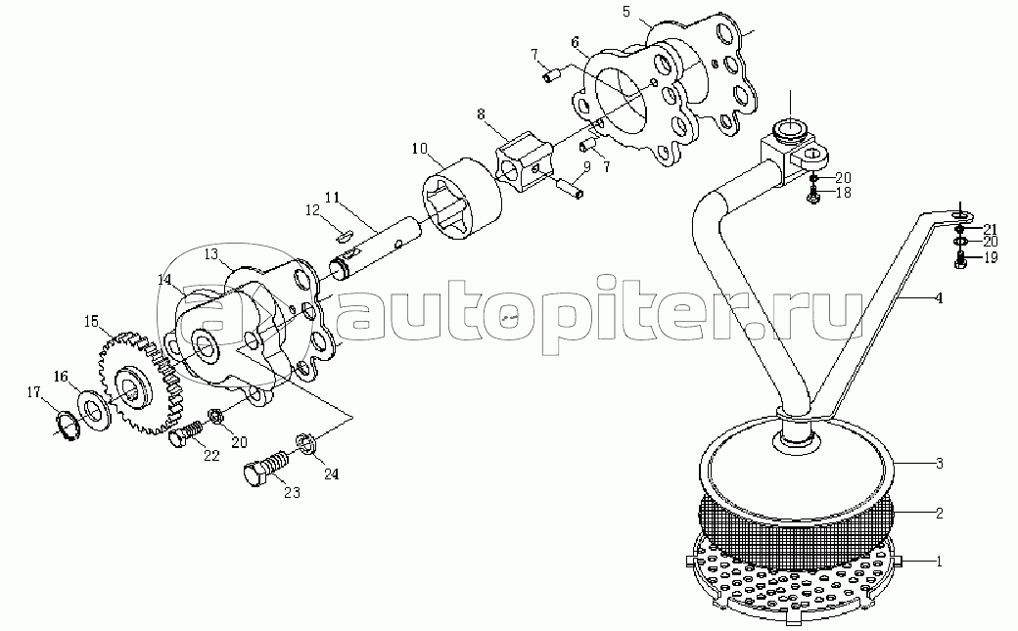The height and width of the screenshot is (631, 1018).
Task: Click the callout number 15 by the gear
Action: tap(91, 320)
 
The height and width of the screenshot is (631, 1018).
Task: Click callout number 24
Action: tap(331, 475)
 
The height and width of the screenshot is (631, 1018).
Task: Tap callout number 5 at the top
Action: tap(627, 11)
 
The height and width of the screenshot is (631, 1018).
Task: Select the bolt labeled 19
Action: tap(960, 259)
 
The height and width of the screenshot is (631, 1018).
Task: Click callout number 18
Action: tap(842, 194)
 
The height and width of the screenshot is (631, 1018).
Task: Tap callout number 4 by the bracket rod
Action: tap(938, 297)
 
